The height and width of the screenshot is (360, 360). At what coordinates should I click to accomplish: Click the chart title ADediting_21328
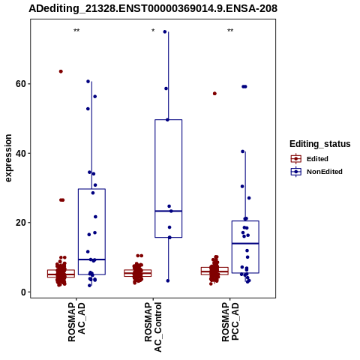(153, 8)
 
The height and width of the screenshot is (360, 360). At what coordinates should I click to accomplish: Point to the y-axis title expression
(8, 158)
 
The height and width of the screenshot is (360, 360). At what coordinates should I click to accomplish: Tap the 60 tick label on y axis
(21, 84)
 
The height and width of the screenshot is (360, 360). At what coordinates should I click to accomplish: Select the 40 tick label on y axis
(21, 153)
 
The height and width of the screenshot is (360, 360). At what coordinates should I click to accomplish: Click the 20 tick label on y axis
(21, 223)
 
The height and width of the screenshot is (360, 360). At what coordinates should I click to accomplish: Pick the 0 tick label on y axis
(24, 292)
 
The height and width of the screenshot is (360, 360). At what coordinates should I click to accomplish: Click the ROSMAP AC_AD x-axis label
(76, 322)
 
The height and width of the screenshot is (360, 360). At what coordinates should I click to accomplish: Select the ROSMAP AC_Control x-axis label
(153, 327)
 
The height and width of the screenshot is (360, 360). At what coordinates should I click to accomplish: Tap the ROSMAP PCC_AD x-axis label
(230, 322)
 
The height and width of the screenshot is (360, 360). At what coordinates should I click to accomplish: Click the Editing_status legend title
(320, 144)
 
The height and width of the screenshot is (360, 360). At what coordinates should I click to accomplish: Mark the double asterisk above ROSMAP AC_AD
(76, 31)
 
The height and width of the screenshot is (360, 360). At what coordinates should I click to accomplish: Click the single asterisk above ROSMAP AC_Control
(153, 31)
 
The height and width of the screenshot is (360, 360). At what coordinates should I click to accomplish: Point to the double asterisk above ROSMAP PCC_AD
(230, 31)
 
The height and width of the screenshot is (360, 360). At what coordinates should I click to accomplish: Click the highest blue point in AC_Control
(165, 31)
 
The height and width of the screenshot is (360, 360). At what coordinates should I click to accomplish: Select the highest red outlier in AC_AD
(61, 71)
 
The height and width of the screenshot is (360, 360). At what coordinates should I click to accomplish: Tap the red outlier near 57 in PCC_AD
(214, 94)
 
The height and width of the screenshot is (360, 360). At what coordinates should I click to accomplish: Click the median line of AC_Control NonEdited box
(169, 211)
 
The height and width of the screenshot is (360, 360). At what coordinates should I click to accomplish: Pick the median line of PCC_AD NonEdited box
(245, 243)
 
